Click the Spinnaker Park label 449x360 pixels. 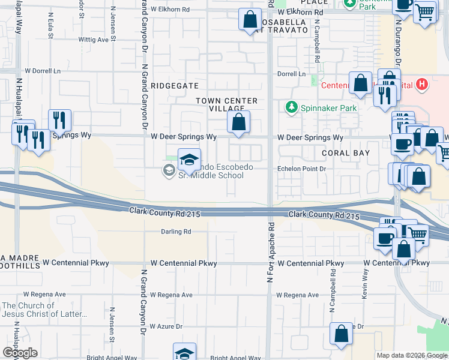tap(329, 108)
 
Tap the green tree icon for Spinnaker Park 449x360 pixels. tap(292, 107)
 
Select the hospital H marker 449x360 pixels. tap(423, 85)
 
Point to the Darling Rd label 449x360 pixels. tap(175, 232)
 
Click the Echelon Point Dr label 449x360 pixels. tap(301, 169)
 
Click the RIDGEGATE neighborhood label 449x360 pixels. tap(174, 86)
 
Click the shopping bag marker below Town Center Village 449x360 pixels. tap(239, 122)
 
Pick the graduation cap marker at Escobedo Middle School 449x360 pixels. tap(189, 160)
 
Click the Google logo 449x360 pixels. tap(20, 353)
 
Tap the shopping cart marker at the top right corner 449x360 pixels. tap(425, 11)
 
